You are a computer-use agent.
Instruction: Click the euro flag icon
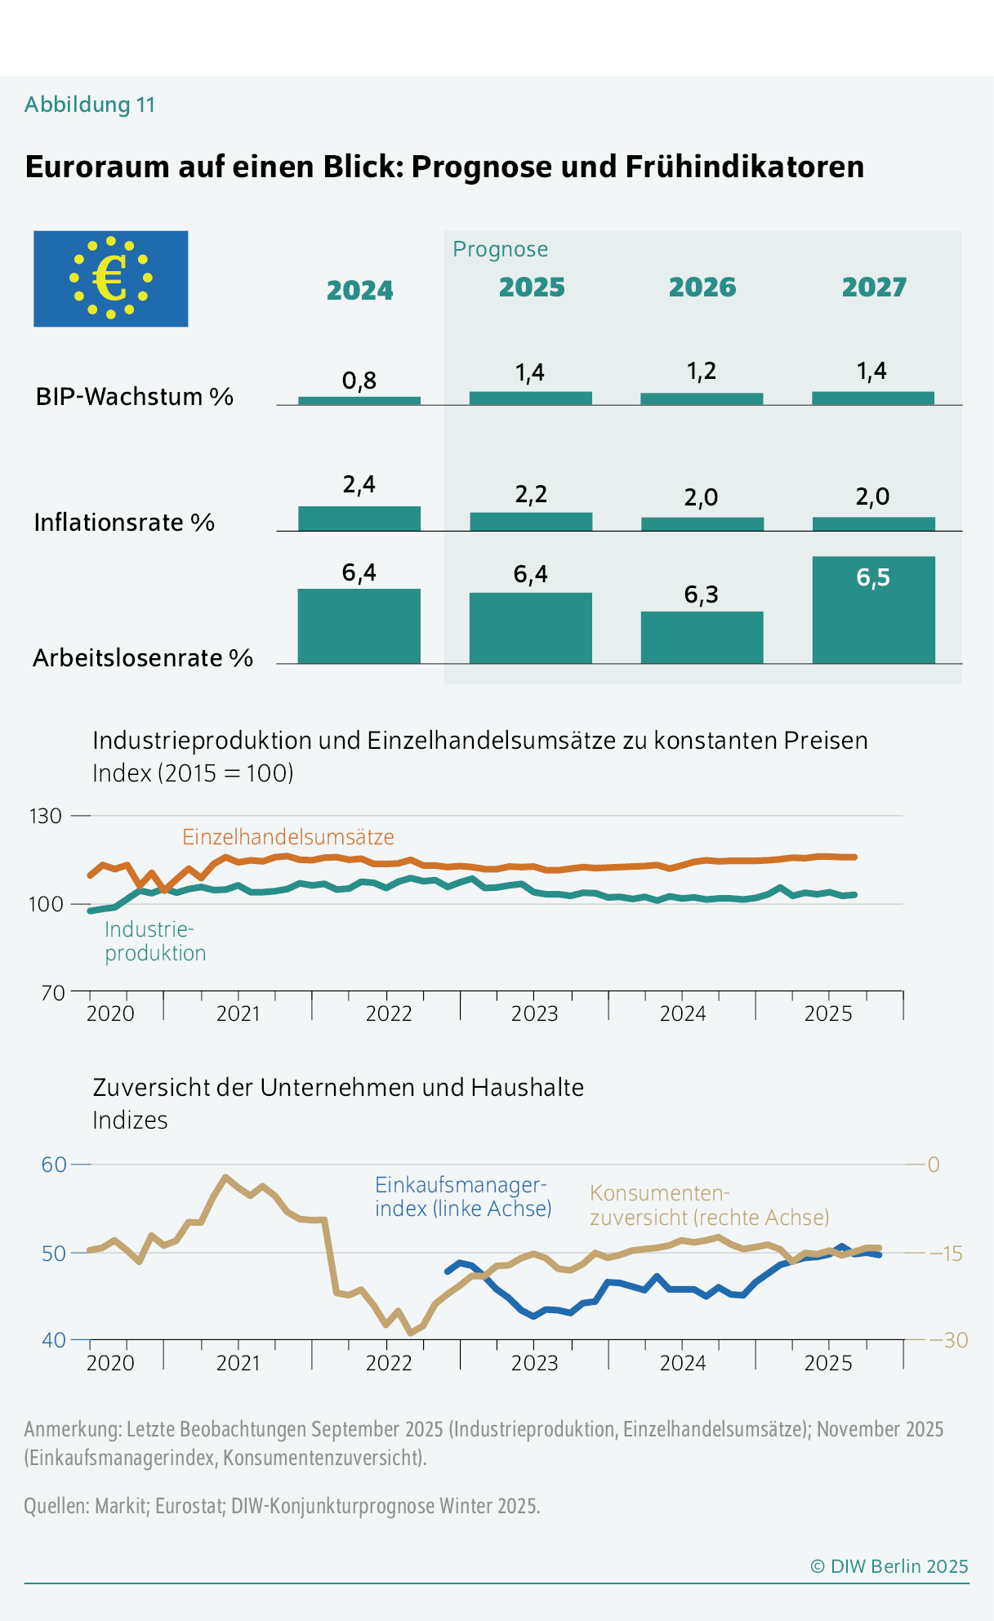[110, 278]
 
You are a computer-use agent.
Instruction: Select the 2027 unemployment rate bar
[873, 610]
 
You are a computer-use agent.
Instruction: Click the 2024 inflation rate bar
[359, 519]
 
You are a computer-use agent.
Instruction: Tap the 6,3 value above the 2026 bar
[701, 595]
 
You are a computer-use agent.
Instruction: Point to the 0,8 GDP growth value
[359, 381]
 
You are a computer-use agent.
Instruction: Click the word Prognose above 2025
[500, 249]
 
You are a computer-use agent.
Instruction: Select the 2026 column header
[702, 287]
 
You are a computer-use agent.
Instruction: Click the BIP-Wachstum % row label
[135, 397]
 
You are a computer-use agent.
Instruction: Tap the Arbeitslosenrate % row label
[143, 658]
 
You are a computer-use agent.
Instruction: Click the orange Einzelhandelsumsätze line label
[288, 837]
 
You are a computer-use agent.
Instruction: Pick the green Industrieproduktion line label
[154, 942]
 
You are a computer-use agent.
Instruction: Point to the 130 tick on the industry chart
[46, 816]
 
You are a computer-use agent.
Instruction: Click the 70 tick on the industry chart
[52, 992]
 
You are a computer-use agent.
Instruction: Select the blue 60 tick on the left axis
[53, 1165]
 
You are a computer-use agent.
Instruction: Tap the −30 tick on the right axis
[947, 1340]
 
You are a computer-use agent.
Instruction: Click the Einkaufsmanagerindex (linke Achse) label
[463, 1197]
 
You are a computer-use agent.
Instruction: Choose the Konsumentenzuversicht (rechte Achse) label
[709, 1206]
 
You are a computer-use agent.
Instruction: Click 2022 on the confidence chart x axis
[389, 1363]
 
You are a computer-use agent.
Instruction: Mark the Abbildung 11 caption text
[90, 105]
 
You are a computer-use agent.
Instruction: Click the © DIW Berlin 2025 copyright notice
[889, 1566]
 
